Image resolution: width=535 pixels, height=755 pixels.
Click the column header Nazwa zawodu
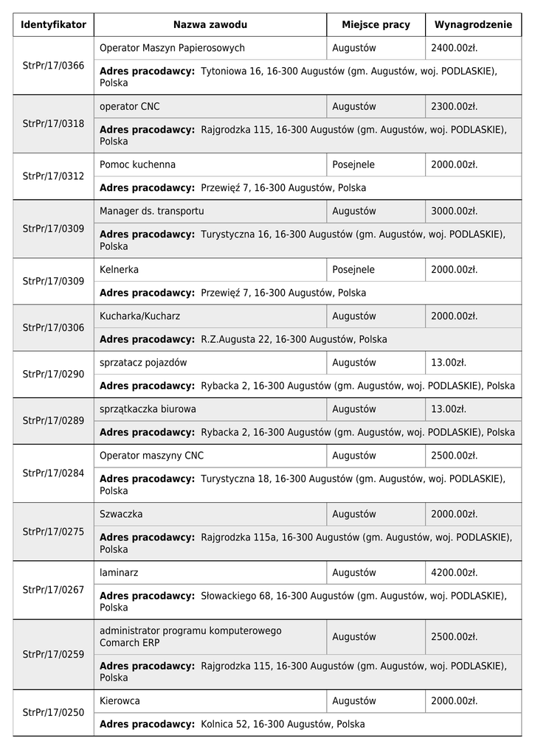pos(210,25)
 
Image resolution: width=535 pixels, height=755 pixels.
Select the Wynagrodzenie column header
pos(473,25)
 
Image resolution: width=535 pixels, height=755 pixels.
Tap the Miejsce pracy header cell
pos(376,25)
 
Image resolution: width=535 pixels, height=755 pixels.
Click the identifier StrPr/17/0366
pos(54,66)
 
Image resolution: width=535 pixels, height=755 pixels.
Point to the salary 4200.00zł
pos(454,572)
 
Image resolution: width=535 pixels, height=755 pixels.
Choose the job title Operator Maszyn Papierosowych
pos(172,48)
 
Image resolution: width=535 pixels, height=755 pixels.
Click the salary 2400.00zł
pos(454,48)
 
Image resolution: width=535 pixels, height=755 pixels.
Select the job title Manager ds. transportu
pos(151,211)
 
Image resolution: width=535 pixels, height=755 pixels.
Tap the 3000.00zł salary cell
pos(454,211)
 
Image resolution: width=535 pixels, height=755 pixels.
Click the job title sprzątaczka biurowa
pos(148,409)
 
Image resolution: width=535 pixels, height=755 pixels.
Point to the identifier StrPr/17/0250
pos(54,713)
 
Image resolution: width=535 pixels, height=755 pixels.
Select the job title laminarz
pos(119,572)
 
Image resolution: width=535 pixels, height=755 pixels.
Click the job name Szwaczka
pos(121,514)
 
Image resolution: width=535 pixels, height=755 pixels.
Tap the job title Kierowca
pos(120,701)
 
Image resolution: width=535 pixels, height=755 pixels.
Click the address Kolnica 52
pos(283,725)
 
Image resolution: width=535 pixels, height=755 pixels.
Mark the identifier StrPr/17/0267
pos(54,590)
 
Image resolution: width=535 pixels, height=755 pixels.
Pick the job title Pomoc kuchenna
pos(137,164)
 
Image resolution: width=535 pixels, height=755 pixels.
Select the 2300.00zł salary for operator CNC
pos(454,106)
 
